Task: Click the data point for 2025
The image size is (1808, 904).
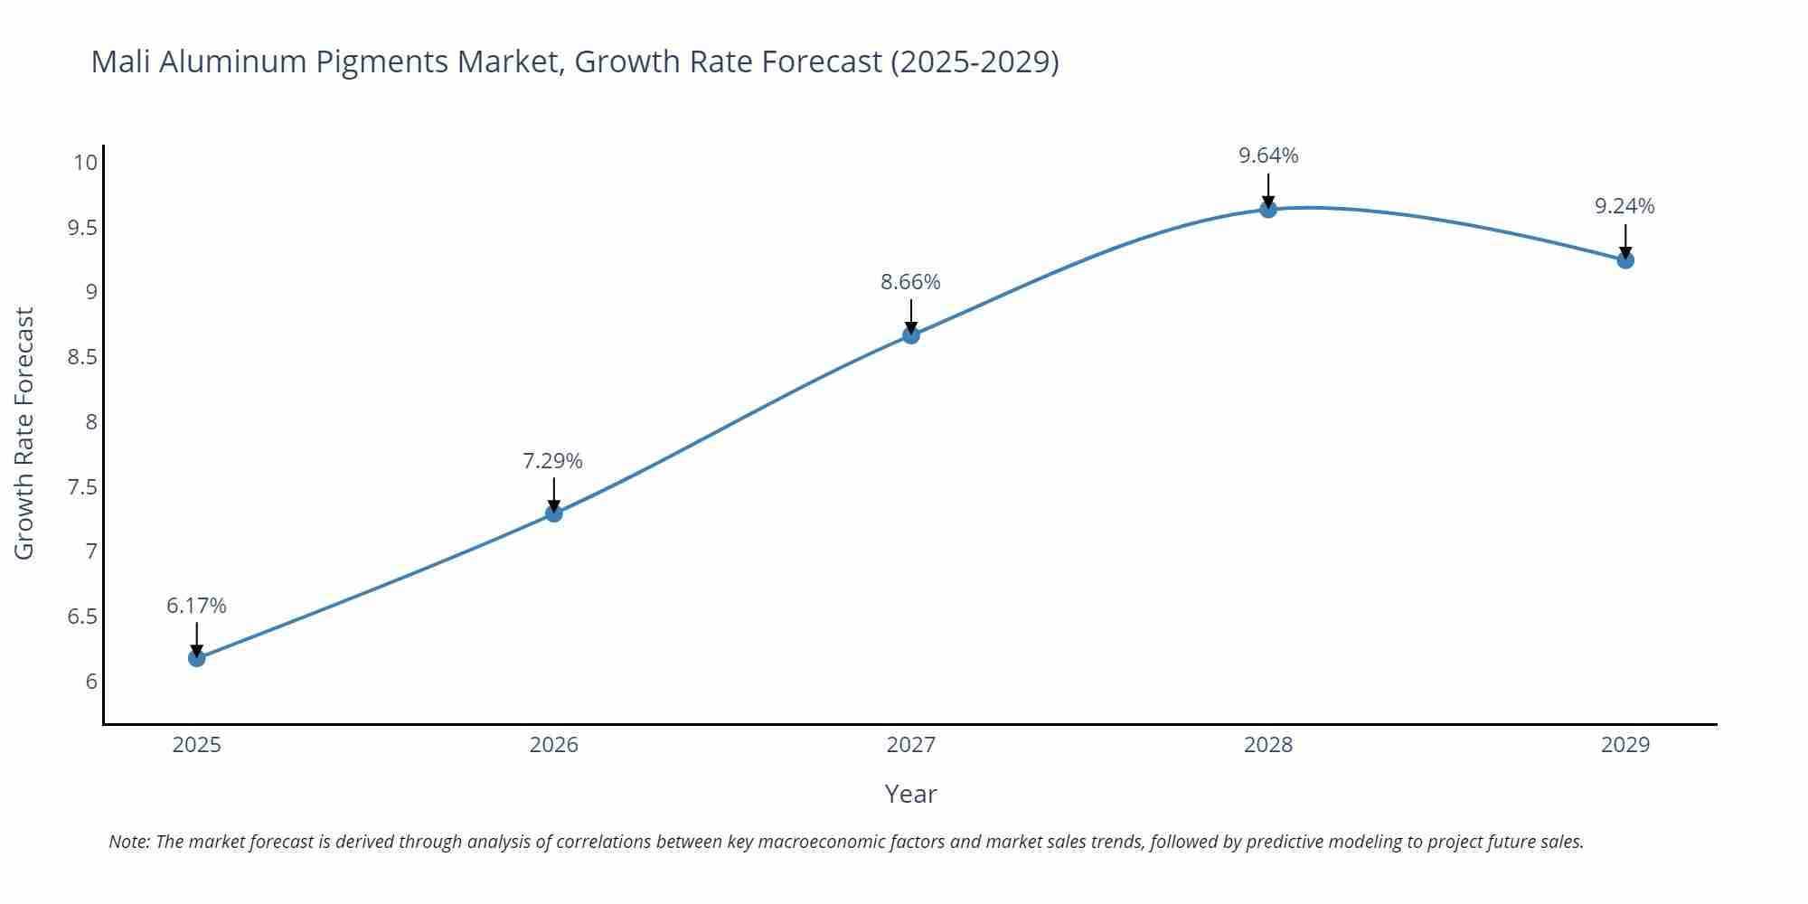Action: coord(197,658)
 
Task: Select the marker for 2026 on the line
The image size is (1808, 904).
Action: coord(554,513)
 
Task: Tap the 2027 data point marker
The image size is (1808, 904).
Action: coord(911,335)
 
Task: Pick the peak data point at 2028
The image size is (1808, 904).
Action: coord(1268,210)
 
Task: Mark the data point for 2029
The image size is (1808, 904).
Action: coord(1625,260)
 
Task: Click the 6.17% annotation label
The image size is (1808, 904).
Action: coord(196,606)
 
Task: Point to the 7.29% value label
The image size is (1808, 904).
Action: coord(552,461)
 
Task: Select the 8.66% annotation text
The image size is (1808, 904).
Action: coord(910,282)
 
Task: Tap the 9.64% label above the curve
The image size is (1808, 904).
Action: coord(1268,155)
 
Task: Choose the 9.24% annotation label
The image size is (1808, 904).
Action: coord(1624,206)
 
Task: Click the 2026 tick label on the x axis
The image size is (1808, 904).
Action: coord(553,745)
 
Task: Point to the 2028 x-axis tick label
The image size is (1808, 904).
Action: coord(1268,745)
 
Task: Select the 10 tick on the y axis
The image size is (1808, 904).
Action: coord(85,163)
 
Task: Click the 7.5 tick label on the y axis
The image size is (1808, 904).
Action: coord(81,487)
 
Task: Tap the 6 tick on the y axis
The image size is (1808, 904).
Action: coord(91,682)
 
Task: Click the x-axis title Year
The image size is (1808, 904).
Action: coord(910,794)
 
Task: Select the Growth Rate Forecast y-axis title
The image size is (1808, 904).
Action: coord(24,433)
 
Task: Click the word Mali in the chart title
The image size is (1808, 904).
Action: coord(121,61)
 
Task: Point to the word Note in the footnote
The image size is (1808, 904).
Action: coord(128,842)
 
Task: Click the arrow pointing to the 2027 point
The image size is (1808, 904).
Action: coord(911,315)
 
